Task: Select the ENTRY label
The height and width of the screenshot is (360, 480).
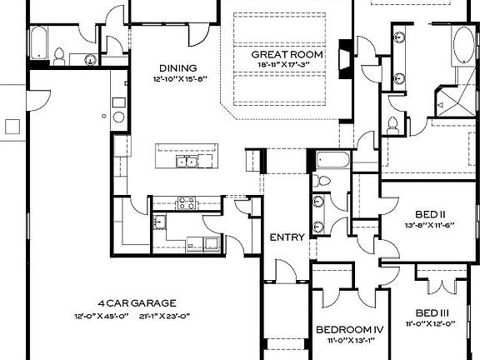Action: pos(286,237)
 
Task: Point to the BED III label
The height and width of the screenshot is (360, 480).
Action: pos(438,312)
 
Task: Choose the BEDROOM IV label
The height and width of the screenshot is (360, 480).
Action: pos(349,329)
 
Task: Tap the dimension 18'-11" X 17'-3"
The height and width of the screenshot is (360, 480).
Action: pos(287,64)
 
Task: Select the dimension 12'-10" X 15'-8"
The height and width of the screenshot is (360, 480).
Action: pos(178,78)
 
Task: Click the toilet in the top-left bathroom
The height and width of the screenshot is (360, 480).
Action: pos(60,55)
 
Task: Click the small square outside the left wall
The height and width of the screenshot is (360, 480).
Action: pos(12,126)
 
